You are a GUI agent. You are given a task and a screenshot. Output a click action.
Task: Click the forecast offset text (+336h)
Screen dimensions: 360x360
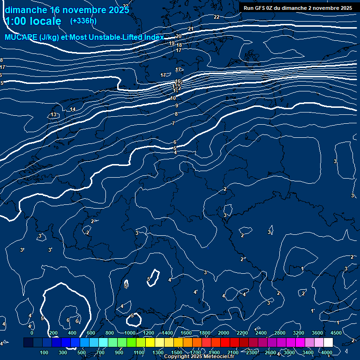83,21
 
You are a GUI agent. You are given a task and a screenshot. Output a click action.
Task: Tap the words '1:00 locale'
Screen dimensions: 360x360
33,21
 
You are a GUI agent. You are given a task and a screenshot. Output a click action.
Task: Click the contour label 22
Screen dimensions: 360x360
216,17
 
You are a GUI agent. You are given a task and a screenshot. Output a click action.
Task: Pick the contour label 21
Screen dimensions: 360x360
190,29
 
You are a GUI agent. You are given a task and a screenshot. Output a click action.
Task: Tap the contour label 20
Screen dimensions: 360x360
178,36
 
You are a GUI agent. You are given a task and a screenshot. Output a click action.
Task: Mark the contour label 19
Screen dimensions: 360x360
172,43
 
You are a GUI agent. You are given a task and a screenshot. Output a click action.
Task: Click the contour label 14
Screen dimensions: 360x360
73,110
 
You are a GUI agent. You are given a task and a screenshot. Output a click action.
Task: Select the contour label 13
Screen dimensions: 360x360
53,115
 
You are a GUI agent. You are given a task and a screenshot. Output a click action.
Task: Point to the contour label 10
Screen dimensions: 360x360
173,98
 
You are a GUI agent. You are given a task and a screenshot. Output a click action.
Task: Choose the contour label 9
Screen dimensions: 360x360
176,106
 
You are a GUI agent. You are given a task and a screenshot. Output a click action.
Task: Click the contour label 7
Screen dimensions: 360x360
173,123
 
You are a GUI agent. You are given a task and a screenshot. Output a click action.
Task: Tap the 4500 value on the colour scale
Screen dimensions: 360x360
336,333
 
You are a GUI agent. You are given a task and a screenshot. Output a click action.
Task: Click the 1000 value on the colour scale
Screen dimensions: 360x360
130,333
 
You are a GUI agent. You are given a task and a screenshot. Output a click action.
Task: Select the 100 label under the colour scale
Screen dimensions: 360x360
45,352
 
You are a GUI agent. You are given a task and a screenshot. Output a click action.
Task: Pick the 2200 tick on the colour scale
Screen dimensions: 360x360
242,333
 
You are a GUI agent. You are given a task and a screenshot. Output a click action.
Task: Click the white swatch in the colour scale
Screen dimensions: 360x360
328,343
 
